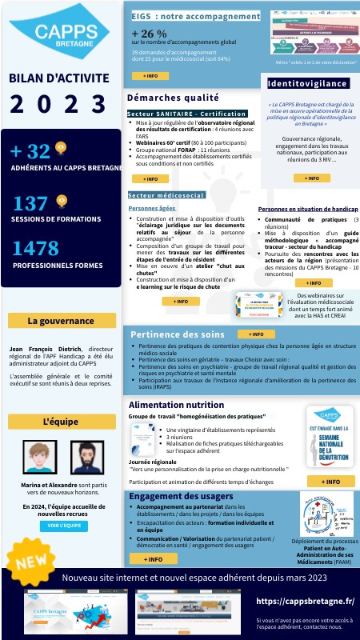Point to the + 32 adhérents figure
pos(29,150)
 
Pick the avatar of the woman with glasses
pos(36,458)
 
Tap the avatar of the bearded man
pos(87,458)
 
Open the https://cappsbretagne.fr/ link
pos(305,600)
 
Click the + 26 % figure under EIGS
pos(149,34)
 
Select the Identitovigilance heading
pos(307,83)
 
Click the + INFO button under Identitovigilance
pos(306,178)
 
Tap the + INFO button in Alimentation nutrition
pos(330,482)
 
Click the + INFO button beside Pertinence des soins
pos(256,334)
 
